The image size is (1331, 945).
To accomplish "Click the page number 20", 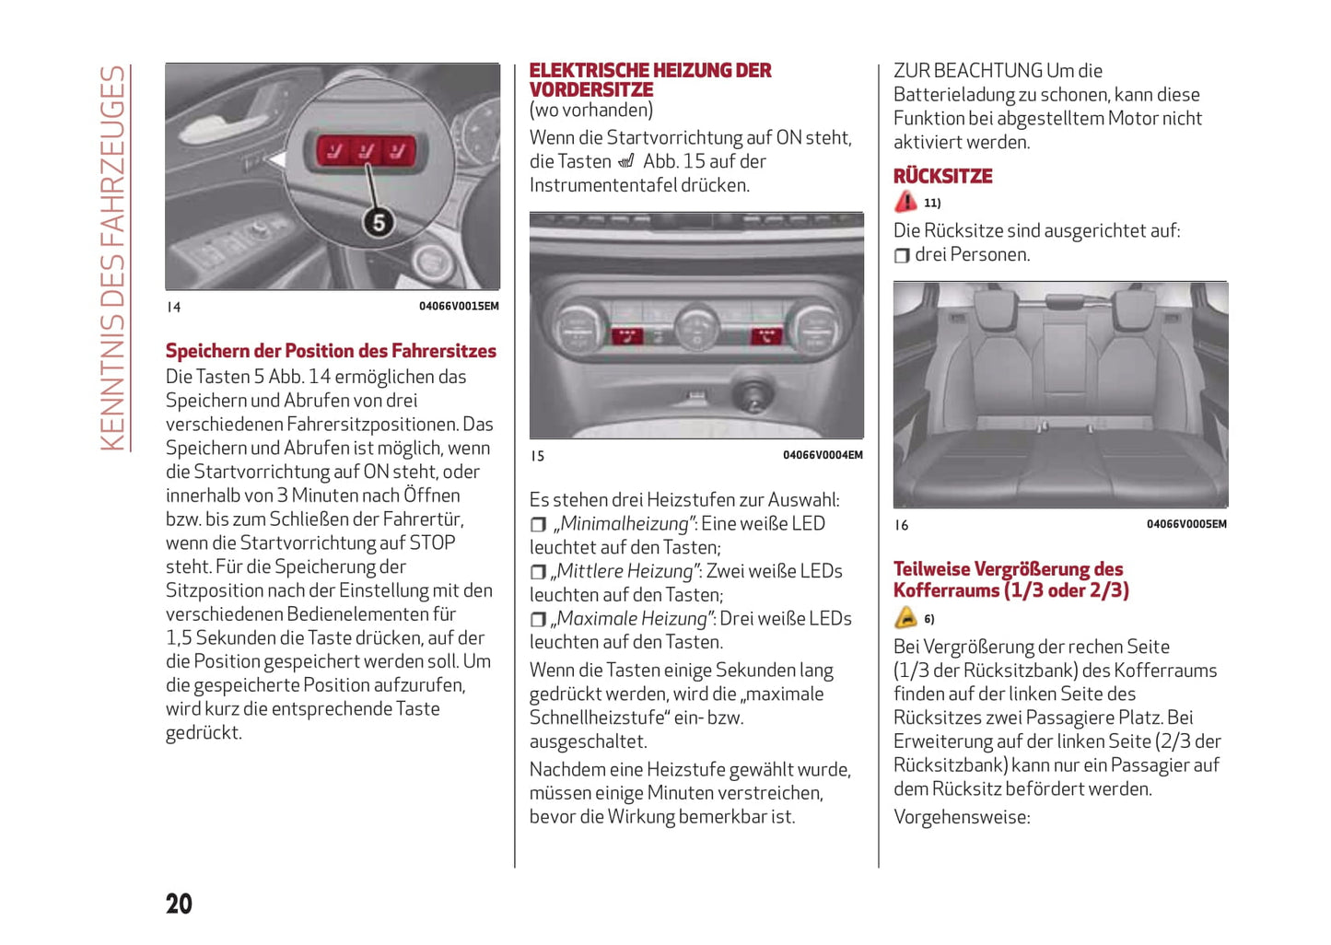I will pos(179,904).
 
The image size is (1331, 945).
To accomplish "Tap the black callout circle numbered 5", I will pos(378,222).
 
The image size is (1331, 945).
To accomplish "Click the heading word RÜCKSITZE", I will pos(942,176).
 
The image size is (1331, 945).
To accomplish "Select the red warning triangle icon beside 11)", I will pos(905,202).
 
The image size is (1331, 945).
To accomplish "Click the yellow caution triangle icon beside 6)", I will pos(905,618).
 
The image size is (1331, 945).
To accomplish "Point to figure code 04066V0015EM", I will pos(459,307).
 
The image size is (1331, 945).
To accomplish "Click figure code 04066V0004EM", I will pos(823,455).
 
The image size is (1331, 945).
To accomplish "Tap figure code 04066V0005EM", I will pos(1186,524).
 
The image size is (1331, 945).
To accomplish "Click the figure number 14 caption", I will pos(173,308).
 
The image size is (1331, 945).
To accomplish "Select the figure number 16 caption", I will pos(901,525).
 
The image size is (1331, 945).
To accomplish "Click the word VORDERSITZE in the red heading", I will pos(590,90).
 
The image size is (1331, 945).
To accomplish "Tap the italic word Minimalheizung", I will pos(625,524).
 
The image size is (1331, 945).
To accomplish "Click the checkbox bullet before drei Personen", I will pos(902,255).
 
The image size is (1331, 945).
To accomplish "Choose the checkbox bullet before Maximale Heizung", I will pos(538,620).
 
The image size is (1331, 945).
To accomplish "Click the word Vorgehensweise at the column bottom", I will pos(961,817).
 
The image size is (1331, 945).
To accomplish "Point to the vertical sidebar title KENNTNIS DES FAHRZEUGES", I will pos(112,258).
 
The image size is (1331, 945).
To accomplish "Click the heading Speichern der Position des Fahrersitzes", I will pos(331,351).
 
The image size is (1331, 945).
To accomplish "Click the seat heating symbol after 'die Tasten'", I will pos(626,162).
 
